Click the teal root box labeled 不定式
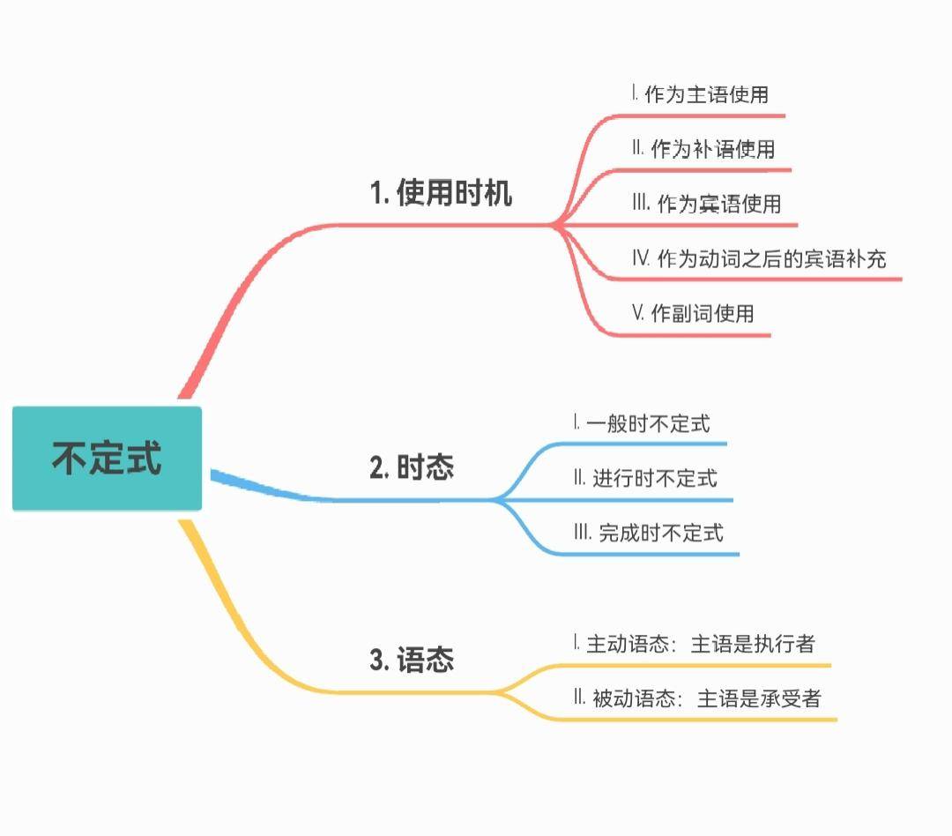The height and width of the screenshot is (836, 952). [x=107, y=459]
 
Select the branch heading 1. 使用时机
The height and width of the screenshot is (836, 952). [x=441, y=193]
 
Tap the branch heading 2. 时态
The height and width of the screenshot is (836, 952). [x=412, y=468]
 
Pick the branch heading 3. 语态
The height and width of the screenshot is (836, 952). [x=412, y=660]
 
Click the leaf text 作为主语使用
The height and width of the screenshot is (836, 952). [x=707, y=94]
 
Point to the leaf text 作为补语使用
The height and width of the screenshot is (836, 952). [x=713, y=149]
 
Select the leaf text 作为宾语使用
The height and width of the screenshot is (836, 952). [x=719, y=204]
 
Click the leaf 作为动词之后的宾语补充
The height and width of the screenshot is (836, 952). [x=771, y=258]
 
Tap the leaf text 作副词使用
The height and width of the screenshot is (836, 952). [x=703, y=313]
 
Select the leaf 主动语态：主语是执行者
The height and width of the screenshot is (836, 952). [x=701, y=644]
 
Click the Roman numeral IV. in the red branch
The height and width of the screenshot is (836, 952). [x=641, y=258]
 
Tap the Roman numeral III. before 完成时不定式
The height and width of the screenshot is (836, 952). [x=582, y=533]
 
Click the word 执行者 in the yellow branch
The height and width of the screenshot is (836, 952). [x=785, y=644]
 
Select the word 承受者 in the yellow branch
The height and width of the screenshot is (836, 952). [x=791, y=698]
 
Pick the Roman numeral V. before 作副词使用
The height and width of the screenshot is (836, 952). [x=638, y=313]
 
